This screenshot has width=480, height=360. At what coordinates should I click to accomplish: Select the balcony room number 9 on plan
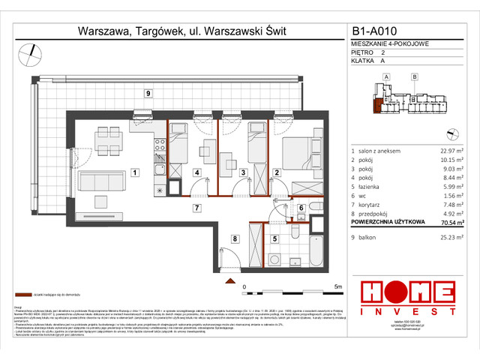(x=148, y=93)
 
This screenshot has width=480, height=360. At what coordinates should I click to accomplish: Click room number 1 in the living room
(x=134, y=173)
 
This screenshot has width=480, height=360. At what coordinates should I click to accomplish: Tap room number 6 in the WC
(x=299, y=209)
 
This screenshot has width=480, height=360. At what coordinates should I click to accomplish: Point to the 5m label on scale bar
(x=338, y=286)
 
